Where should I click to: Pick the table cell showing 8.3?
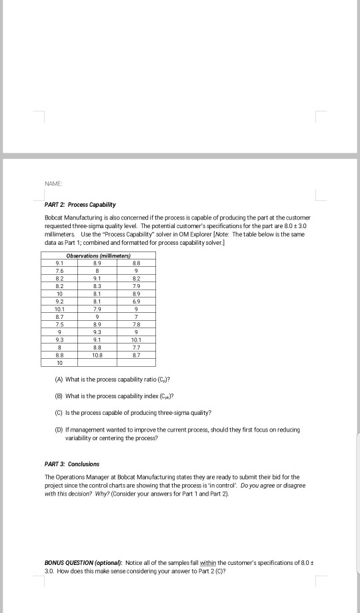99,285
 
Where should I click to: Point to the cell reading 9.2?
59,300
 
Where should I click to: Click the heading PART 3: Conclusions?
71,464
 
